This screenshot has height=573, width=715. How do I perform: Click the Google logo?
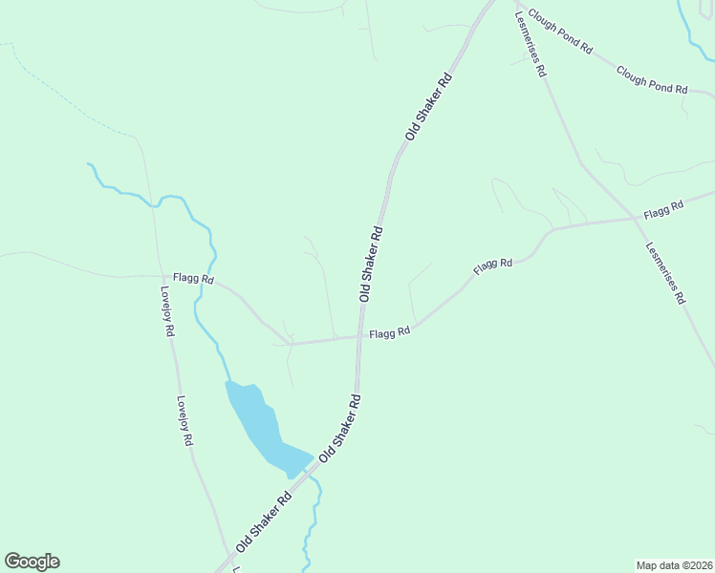coord(32,562)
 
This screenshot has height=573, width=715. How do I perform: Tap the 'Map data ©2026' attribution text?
coord(673,565)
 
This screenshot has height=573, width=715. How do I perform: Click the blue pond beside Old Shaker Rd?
coord(261,424)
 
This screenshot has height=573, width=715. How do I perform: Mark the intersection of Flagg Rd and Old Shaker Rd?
coord(360,336)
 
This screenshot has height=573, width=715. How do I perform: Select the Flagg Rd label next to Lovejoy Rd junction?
coord(192,277)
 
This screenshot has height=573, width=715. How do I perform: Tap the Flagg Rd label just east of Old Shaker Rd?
coord(390,332)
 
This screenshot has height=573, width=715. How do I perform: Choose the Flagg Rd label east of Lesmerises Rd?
coord(664,207)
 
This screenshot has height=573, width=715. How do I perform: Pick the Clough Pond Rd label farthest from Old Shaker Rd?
coord(652,80)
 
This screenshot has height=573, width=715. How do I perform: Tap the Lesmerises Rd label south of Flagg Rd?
coord(665,271)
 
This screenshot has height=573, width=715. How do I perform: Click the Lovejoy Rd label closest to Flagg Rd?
coord(166,311)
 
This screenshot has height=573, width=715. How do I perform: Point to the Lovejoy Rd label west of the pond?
coord(184,422)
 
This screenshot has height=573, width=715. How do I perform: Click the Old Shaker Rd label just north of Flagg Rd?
coord(371,264)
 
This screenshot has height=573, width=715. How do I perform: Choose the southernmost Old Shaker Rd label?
coord(263,521)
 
